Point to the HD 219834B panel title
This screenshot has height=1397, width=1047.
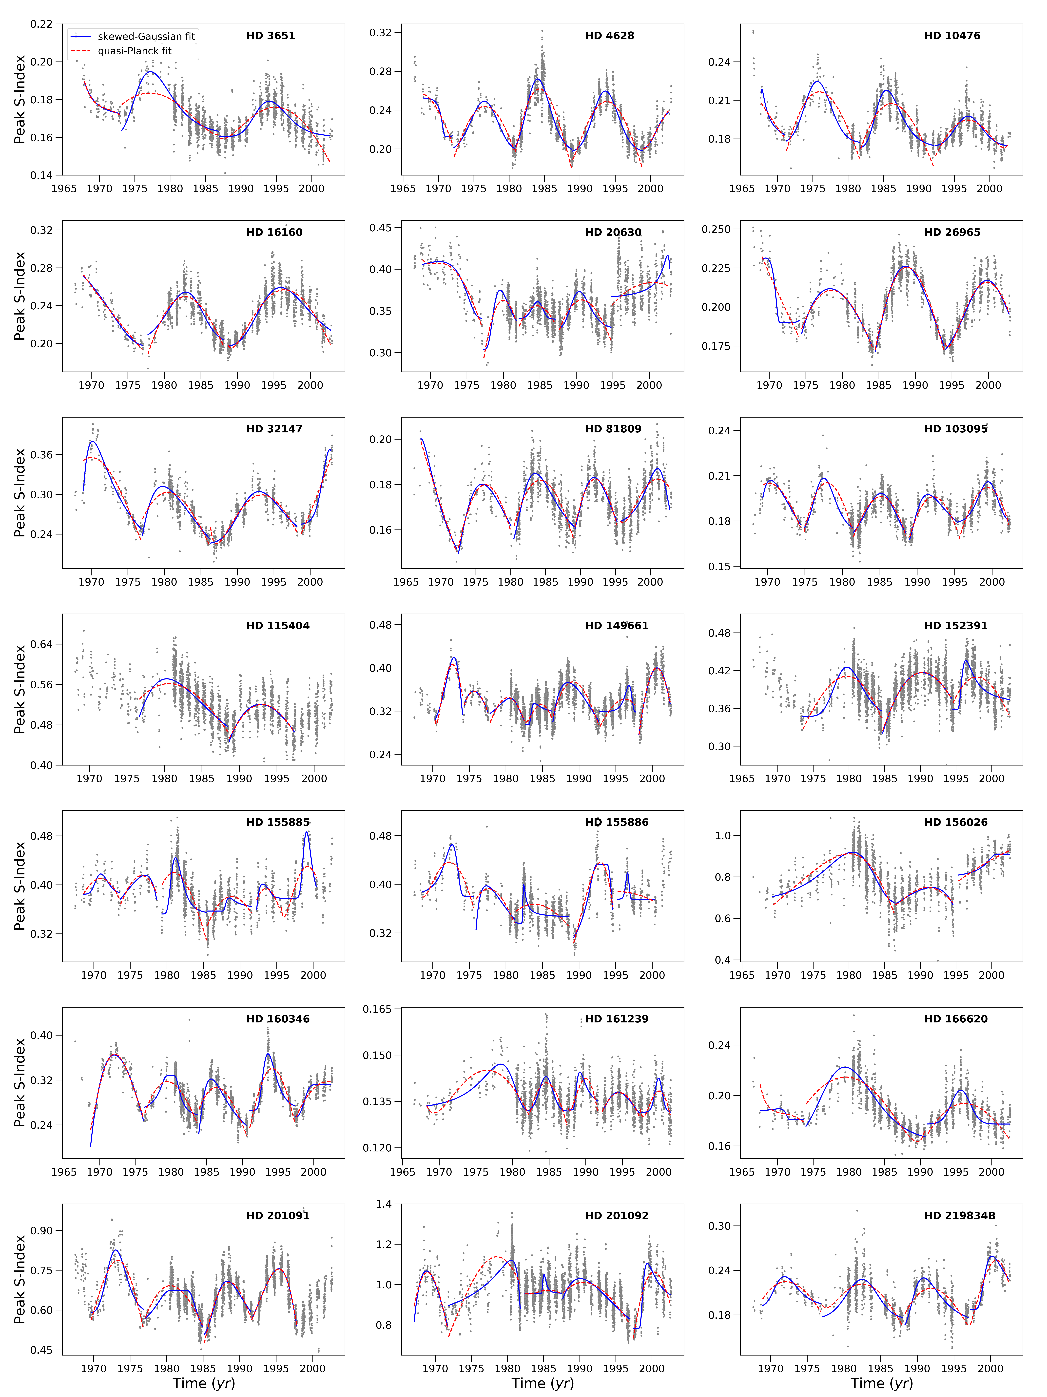point(959,1216)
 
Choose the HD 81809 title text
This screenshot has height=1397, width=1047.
point(613,429)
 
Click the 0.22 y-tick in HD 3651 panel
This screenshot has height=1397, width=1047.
point(42,24)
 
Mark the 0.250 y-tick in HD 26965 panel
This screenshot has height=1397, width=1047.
point(716,229)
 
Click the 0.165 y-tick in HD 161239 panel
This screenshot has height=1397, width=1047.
point(377,1009)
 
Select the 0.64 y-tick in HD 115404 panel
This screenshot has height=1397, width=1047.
point(42,644)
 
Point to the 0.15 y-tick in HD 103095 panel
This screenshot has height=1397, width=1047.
point(719,567)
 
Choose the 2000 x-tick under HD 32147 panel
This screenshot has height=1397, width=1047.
point(310,582)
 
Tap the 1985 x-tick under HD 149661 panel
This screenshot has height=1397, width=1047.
point(542,779)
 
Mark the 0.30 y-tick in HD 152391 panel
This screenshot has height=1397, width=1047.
point(719,746)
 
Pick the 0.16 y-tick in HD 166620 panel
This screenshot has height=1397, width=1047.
point(719,1146)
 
